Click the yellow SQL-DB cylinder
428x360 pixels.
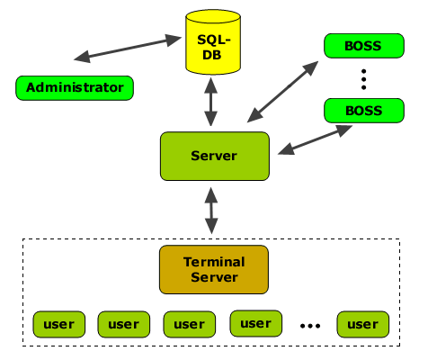point(213,41)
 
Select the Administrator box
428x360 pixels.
point(75,88)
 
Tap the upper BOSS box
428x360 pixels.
point(364,46)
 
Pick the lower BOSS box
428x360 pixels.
point(364,111)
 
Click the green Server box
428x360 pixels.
point(215,156)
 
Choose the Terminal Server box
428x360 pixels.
point(214,269)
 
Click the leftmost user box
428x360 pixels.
point(59,324)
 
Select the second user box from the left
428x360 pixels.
point(124,324)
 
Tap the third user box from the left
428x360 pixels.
point(190,324)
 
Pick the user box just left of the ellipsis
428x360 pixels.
point(256,323)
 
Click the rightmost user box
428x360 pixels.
point(363,324)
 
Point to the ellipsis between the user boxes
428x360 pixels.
point(310,325)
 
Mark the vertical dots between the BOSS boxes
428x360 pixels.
point(364,79)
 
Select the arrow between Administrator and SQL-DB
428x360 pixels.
point(128,49)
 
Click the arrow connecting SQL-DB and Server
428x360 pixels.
point(211,102)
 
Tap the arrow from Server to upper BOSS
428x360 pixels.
point(282,92)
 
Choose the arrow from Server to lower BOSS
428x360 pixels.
point(315,139)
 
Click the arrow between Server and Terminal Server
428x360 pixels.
point(211,211)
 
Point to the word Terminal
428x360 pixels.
point(214,262)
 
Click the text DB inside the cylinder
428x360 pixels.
point(212,55)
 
